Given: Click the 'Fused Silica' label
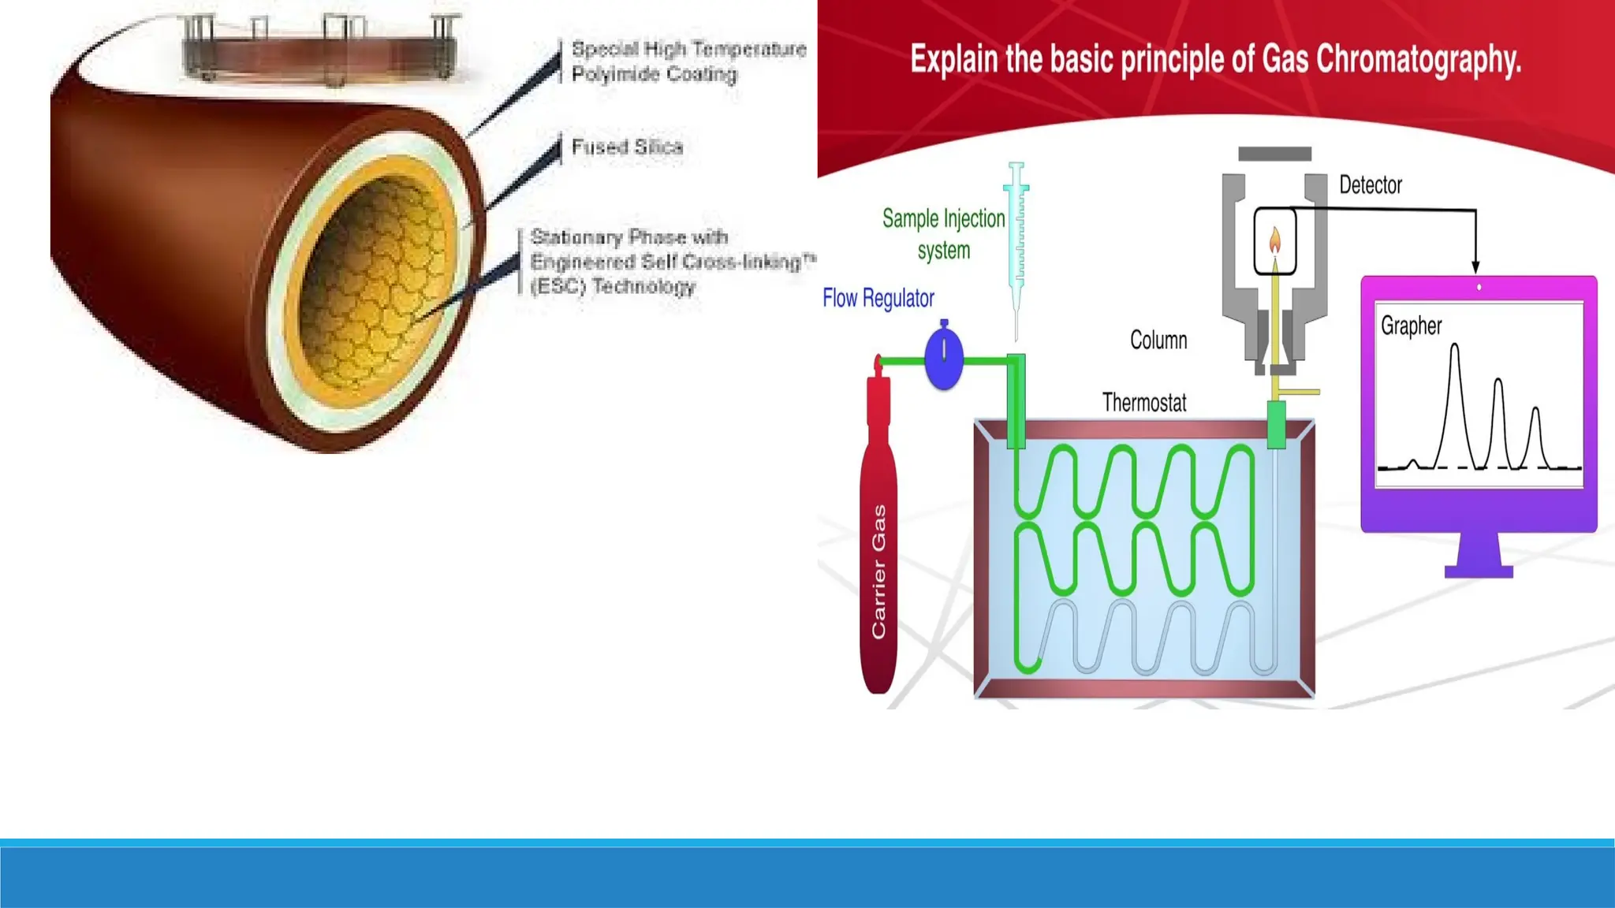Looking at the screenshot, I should pos(627,147).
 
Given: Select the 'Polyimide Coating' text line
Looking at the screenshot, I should pos(654,74).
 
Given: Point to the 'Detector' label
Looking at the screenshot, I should pos(1370,185).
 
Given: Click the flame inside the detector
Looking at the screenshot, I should pos(1274,240).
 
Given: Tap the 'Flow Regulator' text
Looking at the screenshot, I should pos(878,298).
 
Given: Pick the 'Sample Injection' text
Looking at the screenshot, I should pos(943,218).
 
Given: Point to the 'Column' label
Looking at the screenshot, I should pos(1158,340).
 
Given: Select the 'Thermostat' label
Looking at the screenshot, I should pos(1143,403).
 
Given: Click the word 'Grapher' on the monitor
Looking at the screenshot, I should pos(1411,326).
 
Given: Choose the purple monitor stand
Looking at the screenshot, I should pos(1478,556).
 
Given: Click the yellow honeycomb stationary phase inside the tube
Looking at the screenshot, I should pos(371,284).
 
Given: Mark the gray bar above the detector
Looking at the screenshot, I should pos(1274,154).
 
